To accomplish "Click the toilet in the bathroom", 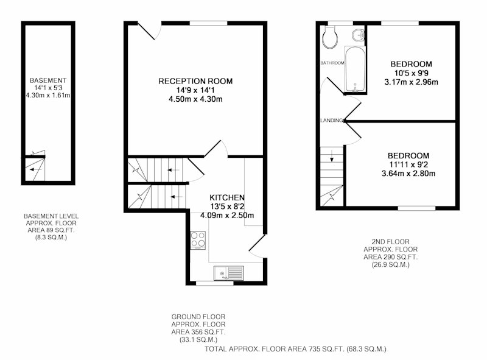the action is pyautogui.click(x=330, y=37).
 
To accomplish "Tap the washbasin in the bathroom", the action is pyautogui.click(x=359, y=35).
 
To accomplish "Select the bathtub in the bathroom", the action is pyautogui.click(x=356, y=69).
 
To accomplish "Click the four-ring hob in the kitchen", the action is pyautogui.click(x=198, y=240).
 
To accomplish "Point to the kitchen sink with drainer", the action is pyautogui.click(x=229, y=274).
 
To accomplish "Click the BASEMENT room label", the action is pyautogui.click(x=48, y=80).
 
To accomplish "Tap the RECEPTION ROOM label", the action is pyautogui.click(x=195, y=81).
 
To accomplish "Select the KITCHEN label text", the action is pyautogui.click(x=227, y=197).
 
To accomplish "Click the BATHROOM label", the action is pyautogui.click(x=332, y=63).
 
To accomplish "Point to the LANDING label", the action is pyautogui.click(x=332, y=121).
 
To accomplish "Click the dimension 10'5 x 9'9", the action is pyautogui.click(x=412, y=73).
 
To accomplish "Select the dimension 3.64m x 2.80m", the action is pyautogui.click(x=408, y=174).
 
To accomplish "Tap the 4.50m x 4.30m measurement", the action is pyautogui.click(x=195, y=99).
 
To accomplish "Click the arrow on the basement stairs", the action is pyautogui.click(x=36, y=169).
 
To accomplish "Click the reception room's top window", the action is pyautogui.click(x=208, y=23).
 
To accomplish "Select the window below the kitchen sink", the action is pyautogui.click(x=215, y=283).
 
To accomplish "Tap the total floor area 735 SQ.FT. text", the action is pyautogui.click(x=295, y=349).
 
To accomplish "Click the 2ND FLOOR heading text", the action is pyautogui.click(x=391, y=242).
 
